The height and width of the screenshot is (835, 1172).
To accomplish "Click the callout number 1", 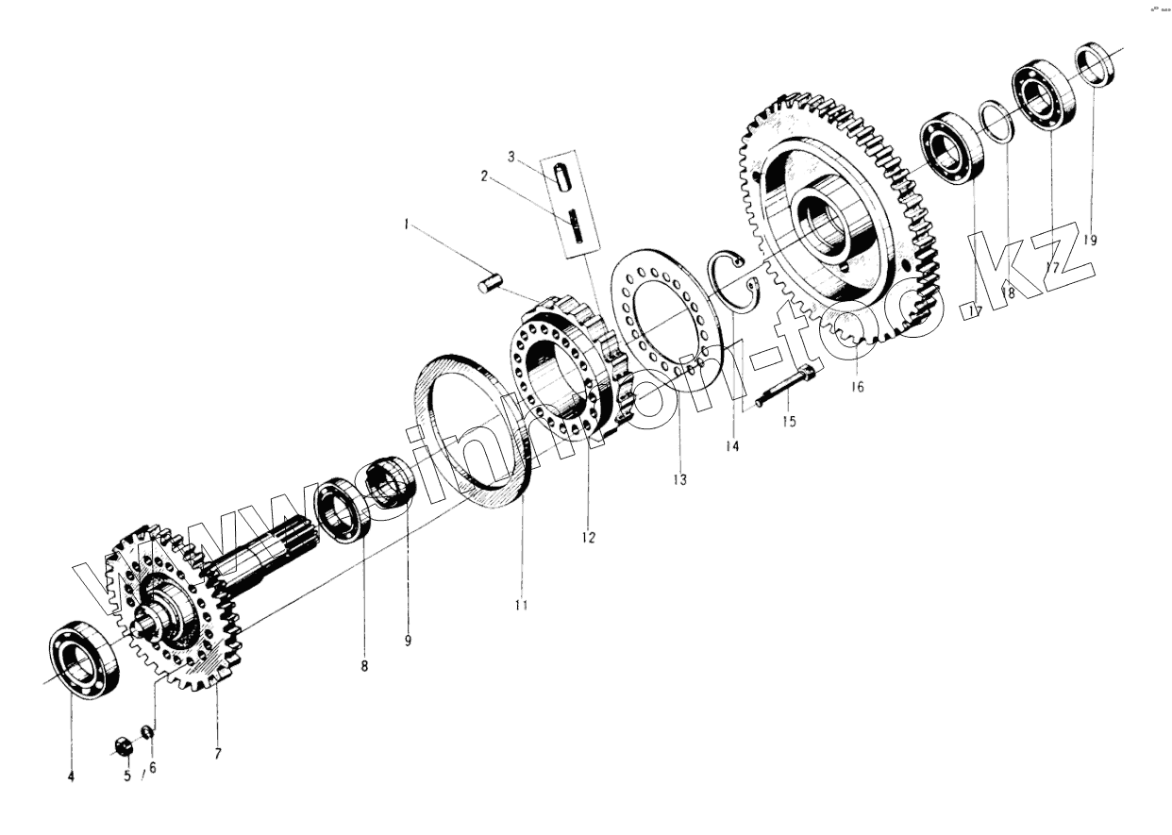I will [406, 225].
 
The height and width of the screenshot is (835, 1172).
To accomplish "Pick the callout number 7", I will [217, 754].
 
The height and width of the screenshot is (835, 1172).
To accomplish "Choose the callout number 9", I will [408, 641].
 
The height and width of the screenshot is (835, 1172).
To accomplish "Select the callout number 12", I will [588, 537].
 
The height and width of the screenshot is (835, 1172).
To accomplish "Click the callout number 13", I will [679, 479].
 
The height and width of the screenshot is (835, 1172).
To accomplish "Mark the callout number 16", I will [857, 386].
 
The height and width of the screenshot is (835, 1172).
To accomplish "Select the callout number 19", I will [1090, 240].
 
